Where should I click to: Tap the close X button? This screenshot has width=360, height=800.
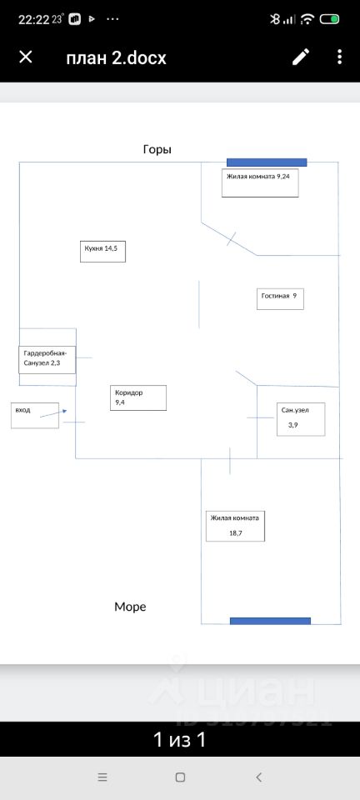point(26,57)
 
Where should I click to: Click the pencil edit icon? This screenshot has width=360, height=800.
point(301,57)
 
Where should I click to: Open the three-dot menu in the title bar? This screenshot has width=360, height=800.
point(340,57)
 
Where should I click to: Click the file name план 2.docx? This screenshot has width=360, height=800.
point(117,57)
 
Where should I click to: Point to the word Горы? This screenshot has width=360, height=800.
point(157,149)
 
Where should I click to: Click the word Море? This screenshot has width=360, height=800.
point(130,607)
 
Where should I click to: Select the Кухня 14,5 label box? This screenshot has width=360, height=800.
point(103,252)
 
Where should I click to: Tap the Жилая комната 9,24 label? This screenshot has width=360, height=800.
point(260,182)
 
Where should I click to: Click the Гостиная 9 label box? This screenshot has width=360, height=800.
point(280,298)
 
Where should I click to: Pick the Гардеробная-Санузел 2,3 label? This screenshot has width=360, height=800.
point(47,360)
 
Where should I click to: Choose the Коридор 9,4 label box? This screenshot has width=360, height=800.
point(138,397)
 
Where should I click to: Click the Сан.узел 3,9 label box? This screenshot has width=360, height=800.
point(301,419)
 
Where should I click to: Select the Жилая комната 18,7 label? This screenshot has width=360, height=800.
point(236,526)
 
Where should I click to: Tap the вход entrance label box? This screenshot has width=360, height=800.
point(35,415)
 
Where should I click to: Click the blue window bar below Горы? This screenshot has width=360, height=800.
point(267,162)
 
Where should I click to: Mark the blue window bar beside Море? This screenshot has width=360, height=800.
point(270,621)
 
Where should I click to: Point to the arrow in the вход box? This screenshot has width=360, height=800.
point(53,413)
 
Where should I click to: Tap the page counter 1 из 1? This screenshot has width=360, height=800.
point(180,739)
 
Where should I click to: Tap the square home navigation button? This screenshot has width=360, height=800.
point(180,777)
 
